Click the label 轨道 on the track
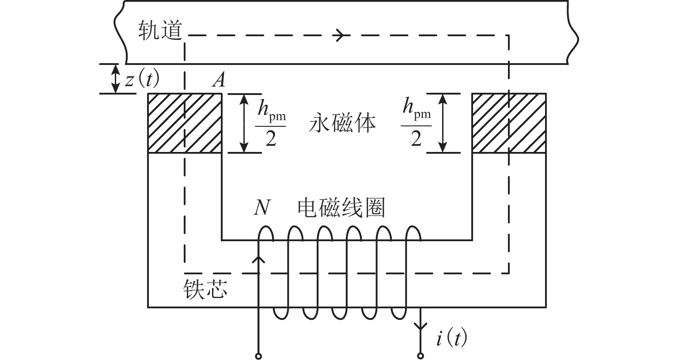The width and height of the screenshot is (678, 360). [160, 31]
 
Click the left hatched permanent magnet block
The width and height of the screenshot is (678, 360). [184, 123]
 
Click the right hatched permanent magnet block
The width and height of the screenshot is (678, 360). [509, 123]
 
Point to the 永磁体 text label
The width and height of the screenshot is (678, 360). [342, 123]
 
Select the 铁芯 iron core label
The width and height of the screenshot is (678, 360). [205, 290]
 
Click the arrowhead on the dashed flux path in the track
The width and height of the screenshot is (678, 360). [340, 35]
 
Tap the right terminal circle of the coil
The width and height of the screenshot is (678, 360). [420, 356]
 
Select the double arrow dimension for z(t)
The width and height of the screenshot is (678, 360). [115, 79]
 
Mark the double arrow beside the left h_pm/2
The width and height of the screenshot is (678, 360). [244, 123]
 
